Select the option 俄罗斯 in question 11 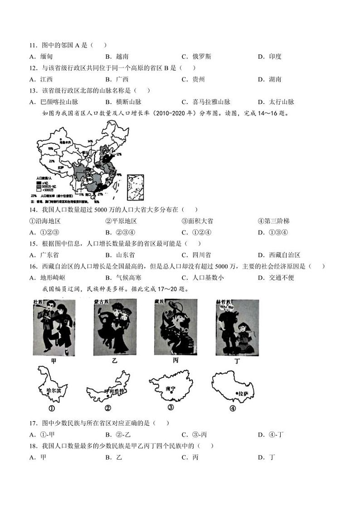201,56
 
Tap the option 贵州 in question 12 198,79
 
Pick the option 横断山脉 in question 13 128,102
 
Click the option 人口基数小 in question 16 208,277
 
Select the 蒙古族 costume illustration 115,327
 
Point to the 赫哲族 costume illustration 237,327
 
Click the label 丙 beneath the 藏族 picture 175,360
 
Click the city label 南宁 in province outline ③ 170,388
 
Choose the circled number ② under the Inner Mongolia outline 108,407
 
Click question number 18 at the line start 33,446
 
